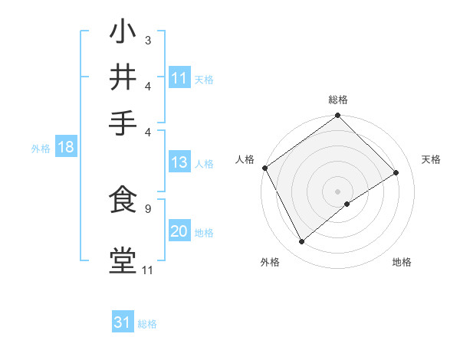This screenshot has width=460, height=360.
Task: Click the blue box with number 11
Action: point(179,78)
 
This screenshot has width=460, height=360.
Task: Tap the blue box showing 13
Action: point(179,162)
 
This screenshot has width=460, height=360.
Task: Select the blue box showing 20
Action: point(179,232)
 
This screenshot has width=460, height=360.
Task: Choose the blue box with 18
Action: point(65,148)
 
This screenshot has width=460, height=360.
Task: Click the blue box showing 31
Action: point(123,322)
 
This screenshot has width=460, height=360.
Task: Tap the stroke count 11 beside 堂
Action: point(147,270)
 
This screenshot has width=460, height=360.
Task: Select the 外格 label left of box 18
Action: point(41,149)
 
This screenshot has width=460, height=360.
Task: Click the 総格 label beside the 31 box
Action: point(147,324)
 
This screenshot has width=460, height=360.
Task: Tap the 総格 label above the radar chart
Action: point(338,100)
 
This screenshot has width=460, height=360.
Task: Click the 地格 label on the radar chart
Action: point(402,263)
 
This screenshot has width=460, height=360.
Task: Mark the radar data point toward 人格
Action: point(264,168)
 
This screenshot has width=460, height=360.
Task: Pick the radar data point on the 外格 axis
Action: point(302,242)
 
